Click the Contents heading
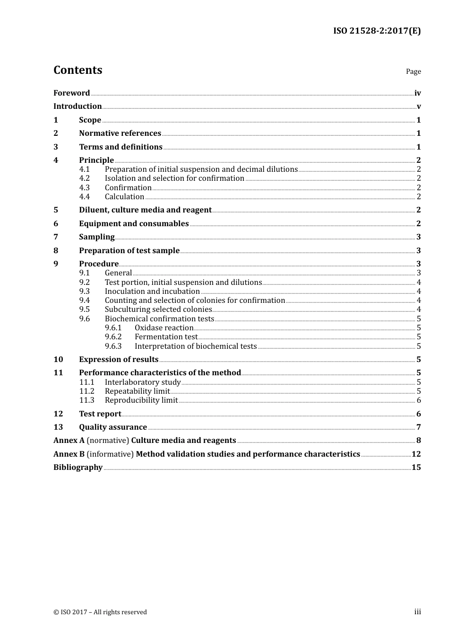click(x=78, y=70)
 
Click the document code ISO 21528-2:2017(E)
click(x=377, y=31)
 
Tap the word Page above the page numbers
click(x=413, y=71)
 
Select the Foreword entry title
click(x=71, y=93)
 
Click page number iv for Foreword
click(x=417, y=93)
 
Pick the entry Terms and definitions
click(x=121, y=147)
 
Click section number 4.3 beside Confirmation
click(x=85, y=187)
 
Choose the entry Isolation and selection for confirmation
click(x=174, y=178)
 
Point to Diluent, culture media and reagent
click(x=145, y=210)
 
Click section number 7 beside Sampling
click(x=56, y=237)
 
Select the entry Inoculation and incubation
click(x=152, y=291)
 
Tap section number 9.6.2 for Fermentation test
click(x=113, y=337)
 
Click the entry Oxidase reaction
click(x=164, y=328)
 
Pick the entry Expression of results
click(x=119, y=359)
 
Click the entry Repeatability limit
click(x=137, y=391)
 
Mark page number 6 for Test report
click(x=418, y=414)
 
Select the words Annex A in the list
click(x=69, y=440)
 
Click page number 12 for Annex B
click(x=416, y=454)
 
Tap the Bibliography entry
click(x=78, y=467)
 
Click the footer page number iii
click(x=417, y=612)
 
